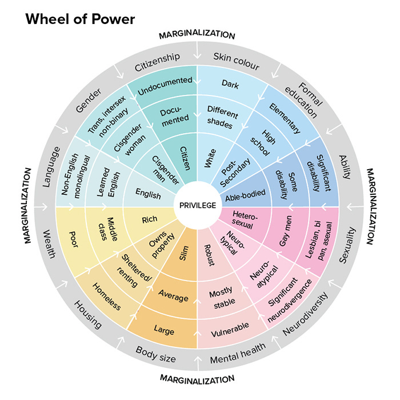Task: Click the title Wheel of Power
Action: (80, 19)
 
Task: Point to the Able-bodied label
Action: (245, 194)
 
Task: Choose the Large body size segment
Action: (163, 330)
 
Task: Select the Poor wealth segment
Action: (73, 237)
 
